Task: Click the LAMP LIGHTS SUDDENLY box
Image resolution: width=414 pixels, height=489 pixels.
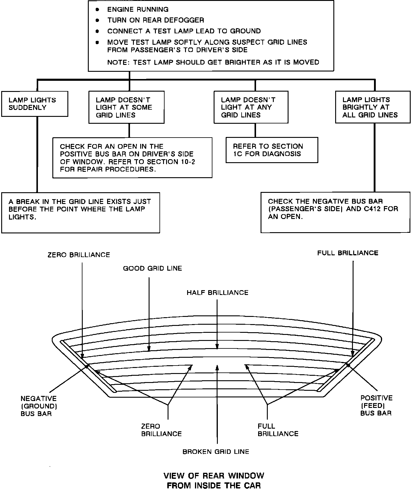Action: (x=35, y=104)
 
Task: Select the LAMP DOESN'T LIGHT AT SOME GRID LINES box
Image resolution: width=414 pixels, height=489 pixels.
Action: (x=126, y=107)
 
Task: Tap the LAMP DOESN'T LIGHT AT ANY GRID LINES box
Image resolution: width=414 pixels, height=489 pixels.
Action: (x=251, y=107)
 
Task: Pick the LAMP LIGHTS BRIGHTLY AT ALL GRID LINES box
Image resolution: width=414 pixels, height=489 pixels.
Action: (x=373, y=107)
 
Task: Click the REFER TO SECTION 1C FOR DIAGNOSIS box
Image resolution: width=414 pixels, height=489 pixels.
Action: (x=272, y=150)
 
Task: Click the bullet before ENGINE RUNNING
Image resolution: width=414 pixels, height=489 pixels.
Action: (x=97, y=10)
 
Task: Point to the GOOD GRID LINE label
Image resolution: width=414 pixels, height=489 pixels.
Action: (x=153, y=268)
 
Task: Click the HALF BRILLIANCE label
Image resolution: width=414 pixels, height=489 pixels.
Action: (x=218, y=293)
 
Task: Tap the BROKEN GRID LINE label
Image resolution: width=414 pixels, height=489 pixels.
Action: (x=216, y=451)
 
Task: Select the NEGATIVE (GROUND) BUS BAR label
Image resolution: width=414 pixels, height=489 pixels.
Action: (x=39, y=406)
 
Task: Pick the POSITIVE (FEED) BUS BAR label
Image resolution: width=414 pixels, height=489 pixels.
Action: (x=376, y=405)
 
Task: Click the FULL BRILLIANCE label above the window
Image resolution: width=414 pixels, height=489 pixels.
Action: (x=348, y=253)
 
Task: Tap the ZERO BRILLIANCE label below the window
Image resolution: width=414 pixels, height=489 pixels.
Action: (x=162, y=430)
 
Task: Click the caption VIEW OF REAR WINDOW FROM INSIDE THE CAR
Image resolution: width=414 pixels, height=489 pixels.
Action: (x=214, y=481)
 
